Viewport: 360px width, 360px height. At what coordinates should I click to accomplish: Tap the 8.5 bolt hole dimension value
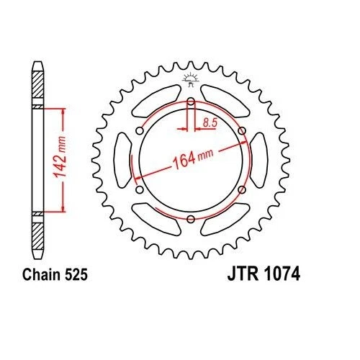click(210, 124)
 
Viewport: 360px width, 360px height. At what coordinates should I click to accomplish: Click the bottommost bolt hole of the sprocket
click(191, 219)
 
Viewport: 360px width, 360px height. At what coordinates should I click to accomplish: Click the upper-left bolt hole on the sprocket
click(140, 130)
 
